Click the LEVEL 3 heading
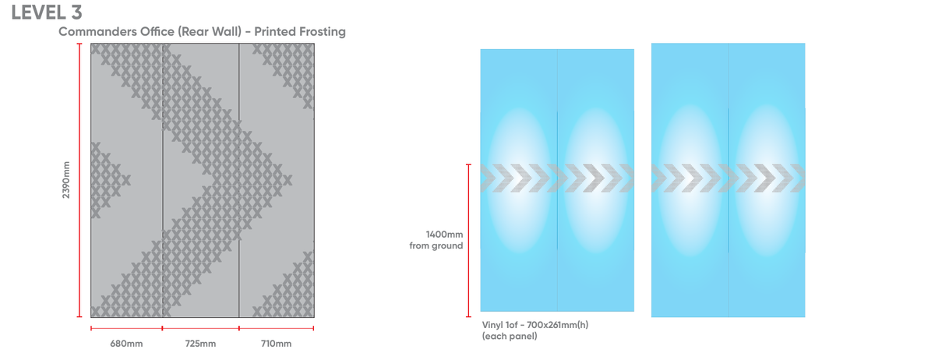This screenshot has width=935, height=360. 46,12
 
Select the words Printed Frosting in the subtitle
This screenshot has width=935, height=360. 300,32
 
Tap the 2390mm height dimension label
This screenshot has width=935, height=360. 66,180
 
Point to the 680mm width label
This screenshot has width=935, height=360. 126,344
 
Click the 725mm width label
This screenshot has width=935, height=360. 200,344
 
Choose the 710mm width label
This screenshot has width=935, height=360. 276,344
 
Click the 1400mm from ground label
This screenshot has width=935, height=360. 436,240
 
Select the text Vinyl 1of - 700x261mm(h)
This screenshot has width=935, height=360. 535,325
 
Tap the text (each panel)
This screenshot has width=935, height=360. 510,336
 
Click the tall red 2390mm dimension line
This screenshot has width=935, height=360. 79,180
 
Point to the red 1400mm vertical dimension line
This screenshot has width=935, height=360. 469,241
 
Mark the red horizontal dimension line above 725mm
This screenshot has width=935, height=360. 201,329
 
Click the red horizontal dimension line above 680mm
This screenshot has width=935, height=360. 126,329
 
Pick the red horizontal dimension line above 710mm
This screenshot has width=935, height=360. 277,329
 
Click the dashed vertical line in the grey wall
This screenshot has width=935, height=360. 163,180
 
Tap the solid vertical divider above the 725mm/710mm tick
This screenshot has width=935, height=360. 238,180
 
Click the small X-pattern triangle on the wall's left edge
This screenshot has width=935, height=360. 108,180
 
